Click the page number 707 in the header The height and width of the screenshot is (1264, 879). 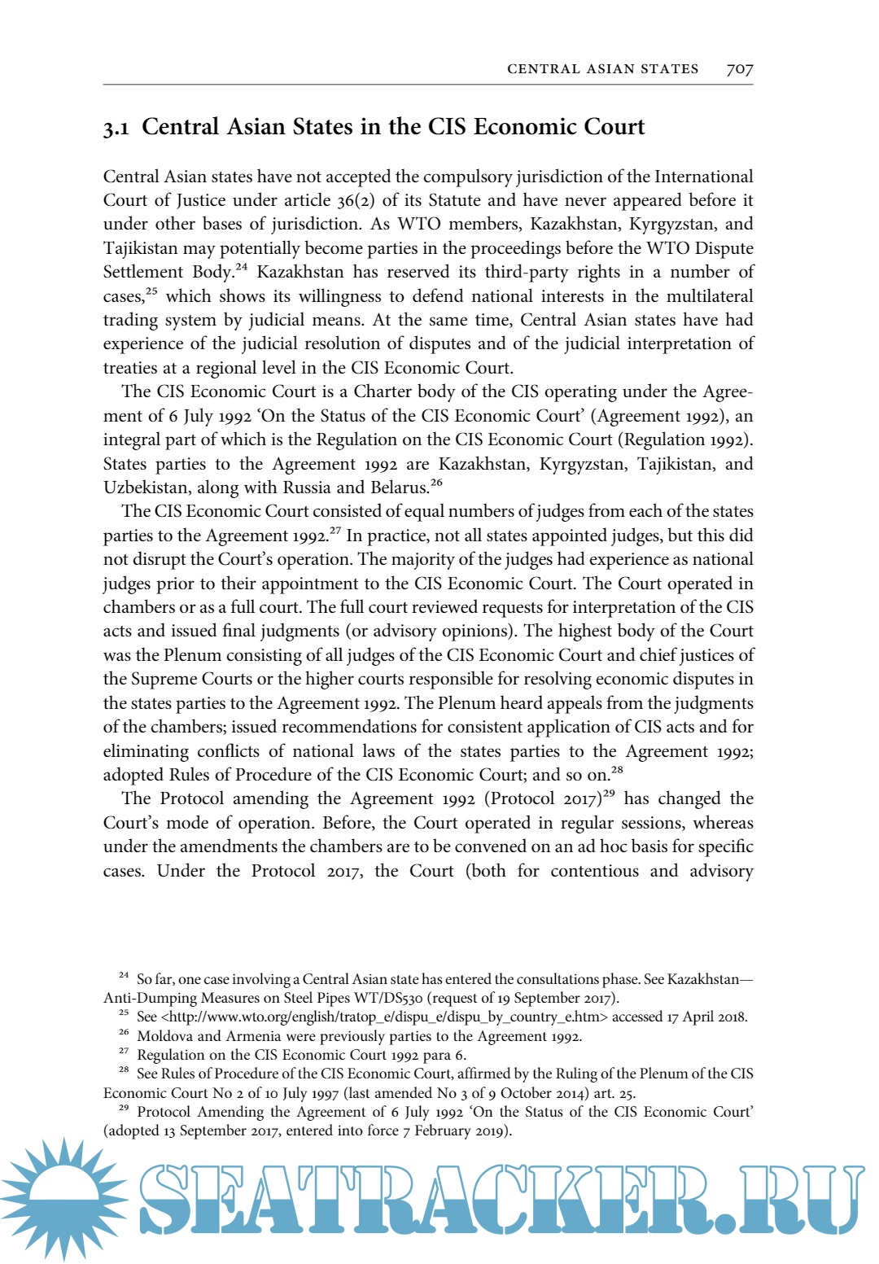click(x=739, y=69)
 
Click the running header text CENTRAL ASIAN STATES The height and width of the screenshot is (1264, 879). click(x=602, y=69)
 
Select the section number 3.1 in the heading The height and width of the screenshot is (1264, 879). click(x=116, y=129)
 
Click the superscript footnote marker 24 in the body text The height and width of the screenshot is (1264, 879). click(x=242, y=267)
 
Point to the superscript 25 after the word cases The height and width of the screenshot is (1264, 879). click(x=151, y=291)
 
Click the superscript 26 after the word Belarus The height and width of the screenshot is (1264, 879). click(x=436, y=483)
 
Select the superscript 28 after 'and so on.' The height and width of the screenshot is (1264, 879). click(x=617, y=769)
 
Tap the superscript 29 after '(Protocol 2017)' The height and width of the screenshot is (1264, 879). click(x=609, y=794)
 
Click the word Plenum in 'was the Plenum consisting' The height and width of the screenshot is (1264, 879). click(x=192, y=655)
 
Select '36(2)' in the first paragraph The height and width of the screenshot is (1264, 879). click(x=356, y=200)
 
